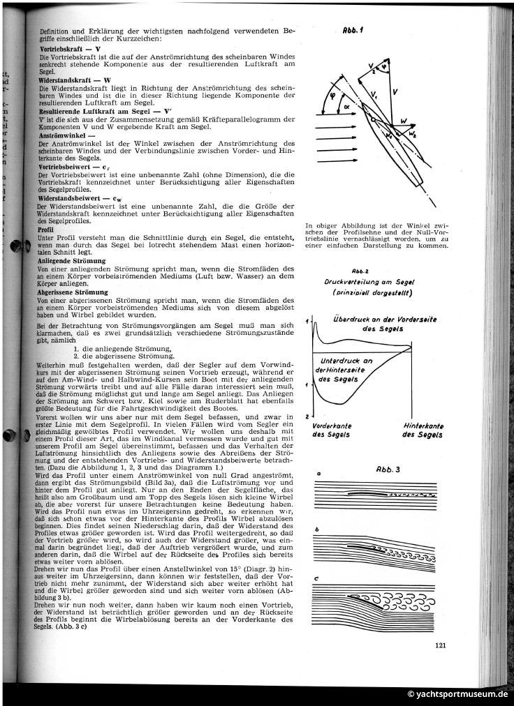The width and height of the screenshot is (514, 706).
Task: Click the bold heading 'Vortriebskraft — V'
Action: [x=70, y=50]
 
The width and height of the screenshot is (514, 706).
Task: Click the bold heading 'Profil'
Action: [x=46, y=230]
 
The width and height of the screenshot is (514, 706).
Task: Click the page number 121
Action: [x=440, y=645]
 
